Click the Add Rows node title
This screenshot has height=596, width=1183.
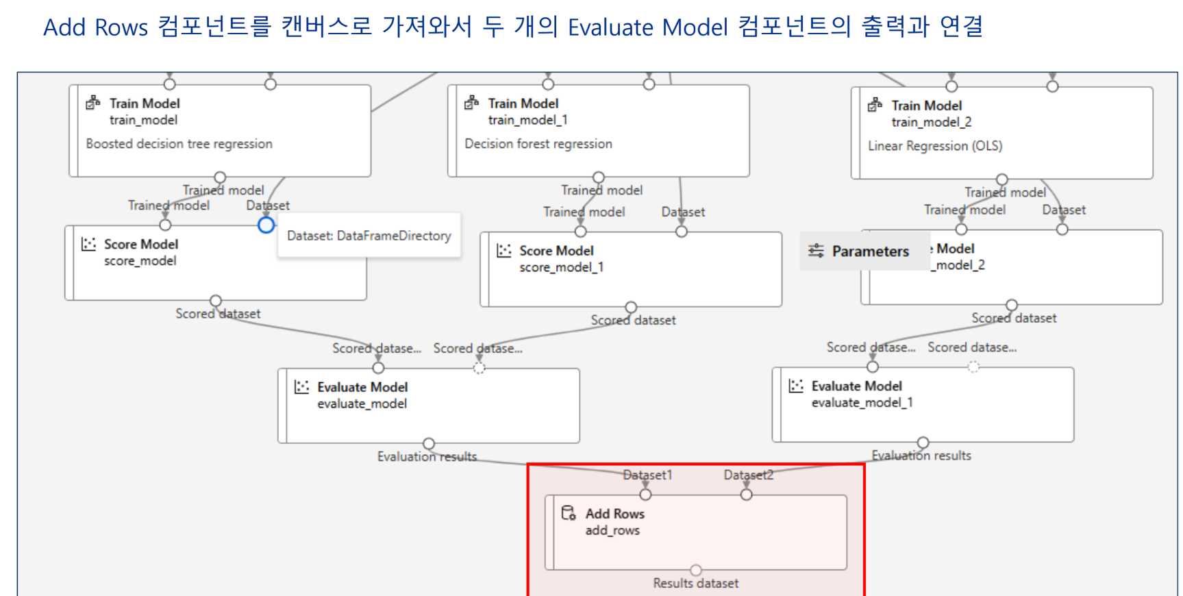[614, 514]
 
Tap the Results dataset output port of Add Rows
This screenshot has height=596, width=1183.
[696, 570]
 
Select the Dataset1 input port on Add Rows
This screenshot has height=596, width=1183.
[645, 495]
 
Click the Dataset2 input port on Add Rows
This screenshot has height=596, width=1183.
[747, 495]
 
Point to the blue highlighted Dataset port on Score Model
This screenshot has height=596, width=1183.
[266, 225]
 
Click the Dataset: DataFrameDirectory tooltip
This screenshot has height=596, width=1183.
[369, 236]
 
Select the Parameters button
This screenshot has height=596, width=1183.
[860, 251]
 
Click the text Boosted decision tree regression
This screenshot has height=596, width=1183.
[179, 144]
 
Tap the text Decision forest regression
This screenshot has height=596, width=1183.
[538, 144]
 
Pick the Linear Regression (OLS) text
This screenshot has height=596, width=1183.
[935, 146]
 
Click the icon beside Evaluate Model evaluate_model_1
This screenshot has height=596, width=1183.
[796, 386]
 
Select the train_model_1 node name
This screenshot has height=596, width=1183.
[527, 120]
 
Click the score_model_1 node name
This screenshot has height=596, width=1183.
[561, 267]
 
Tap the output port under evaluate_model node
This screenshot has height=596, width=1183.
[429, 443]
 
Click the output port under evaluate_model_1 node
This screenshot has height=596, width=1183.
[923, 443]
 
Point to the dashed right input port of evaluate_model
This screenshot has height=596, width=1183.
[480, 368]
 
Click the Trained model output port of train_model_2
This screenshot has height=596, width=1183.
[1002, 179]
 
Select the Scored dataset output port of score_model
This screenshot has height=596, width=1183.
[216, 301]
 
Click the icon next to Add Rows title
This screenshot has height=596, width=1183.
[569, 513]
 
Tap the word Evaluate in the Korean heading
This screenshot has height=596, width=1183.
[611, 27]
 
